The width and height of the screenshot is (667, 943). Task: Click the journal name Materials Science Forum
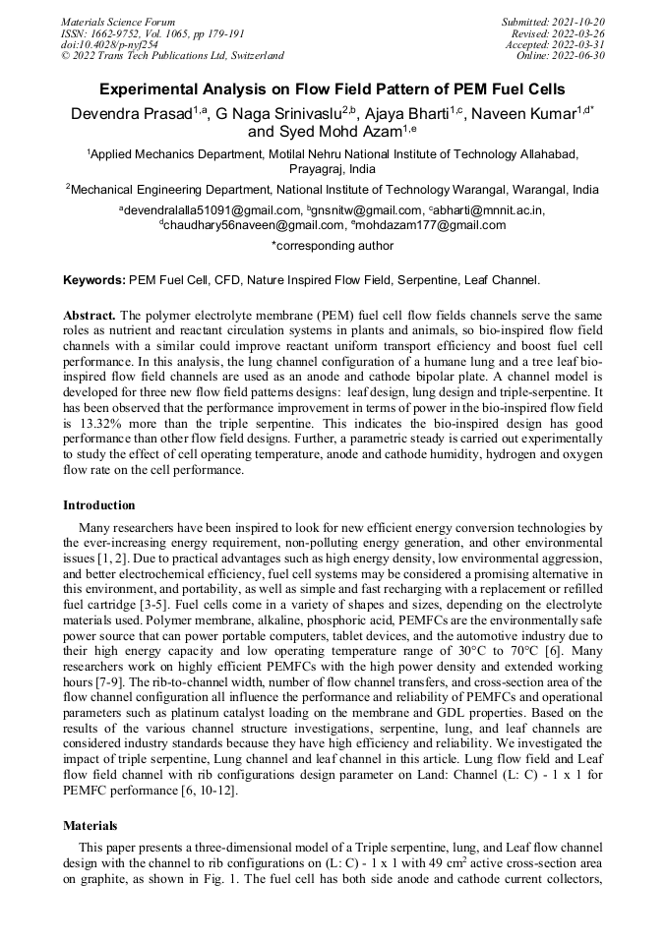click(x=118, y=22)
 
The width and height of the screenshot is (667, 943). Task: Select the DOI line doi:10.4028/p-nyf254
click(x=109, y=44)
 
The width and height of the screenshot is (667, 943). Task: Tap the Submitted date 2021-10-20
click(x=580, y=22)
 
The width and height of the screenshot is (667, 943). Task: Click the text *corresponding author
click(x=333, y=246)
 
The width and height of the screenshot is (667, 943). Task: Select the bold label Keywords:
click(x=94, y=280)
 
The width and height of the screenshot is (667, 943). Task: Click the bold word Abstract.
click(x=90, y=315)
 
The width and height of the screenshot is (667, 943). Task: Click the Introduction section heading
click(x=99, y=505)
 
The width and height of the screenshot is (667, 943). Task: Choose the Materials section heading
click(x=91, y=826)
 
